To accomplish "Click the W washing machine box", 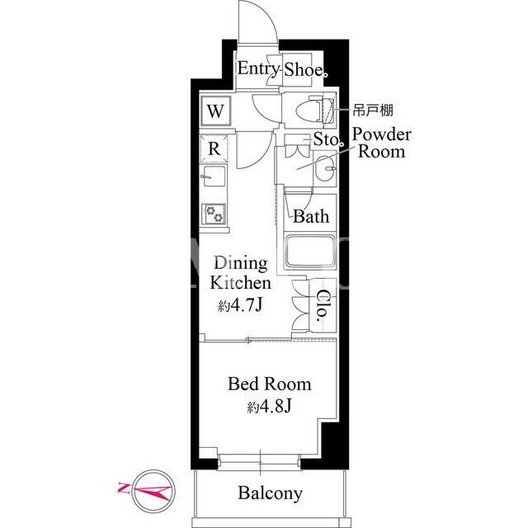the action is [215, 111].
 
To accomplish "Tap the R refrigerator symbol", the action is [214, 148].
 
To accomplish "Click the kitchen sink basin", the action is [213, 176].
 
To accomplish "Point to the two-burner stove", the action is [214, 214].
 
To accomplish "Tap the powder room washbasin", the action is [325, 168].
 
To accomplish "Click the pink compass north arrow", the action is [145, 490].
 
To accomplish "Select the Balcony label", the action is [270, 493].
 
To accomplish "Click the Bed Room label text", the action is [270, 384].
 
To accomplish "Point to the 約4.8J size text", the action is [269, 407].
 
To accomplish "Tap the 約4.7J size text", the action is [240, 305].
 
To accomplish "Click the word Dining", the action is [241, 264].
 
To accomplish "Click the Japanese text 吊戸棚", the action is [373, 110].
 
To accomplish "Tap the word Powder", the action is [381, 134].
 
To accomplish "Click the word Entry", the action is [258, 69].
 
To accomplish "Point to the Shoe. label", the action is [305, 69].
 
